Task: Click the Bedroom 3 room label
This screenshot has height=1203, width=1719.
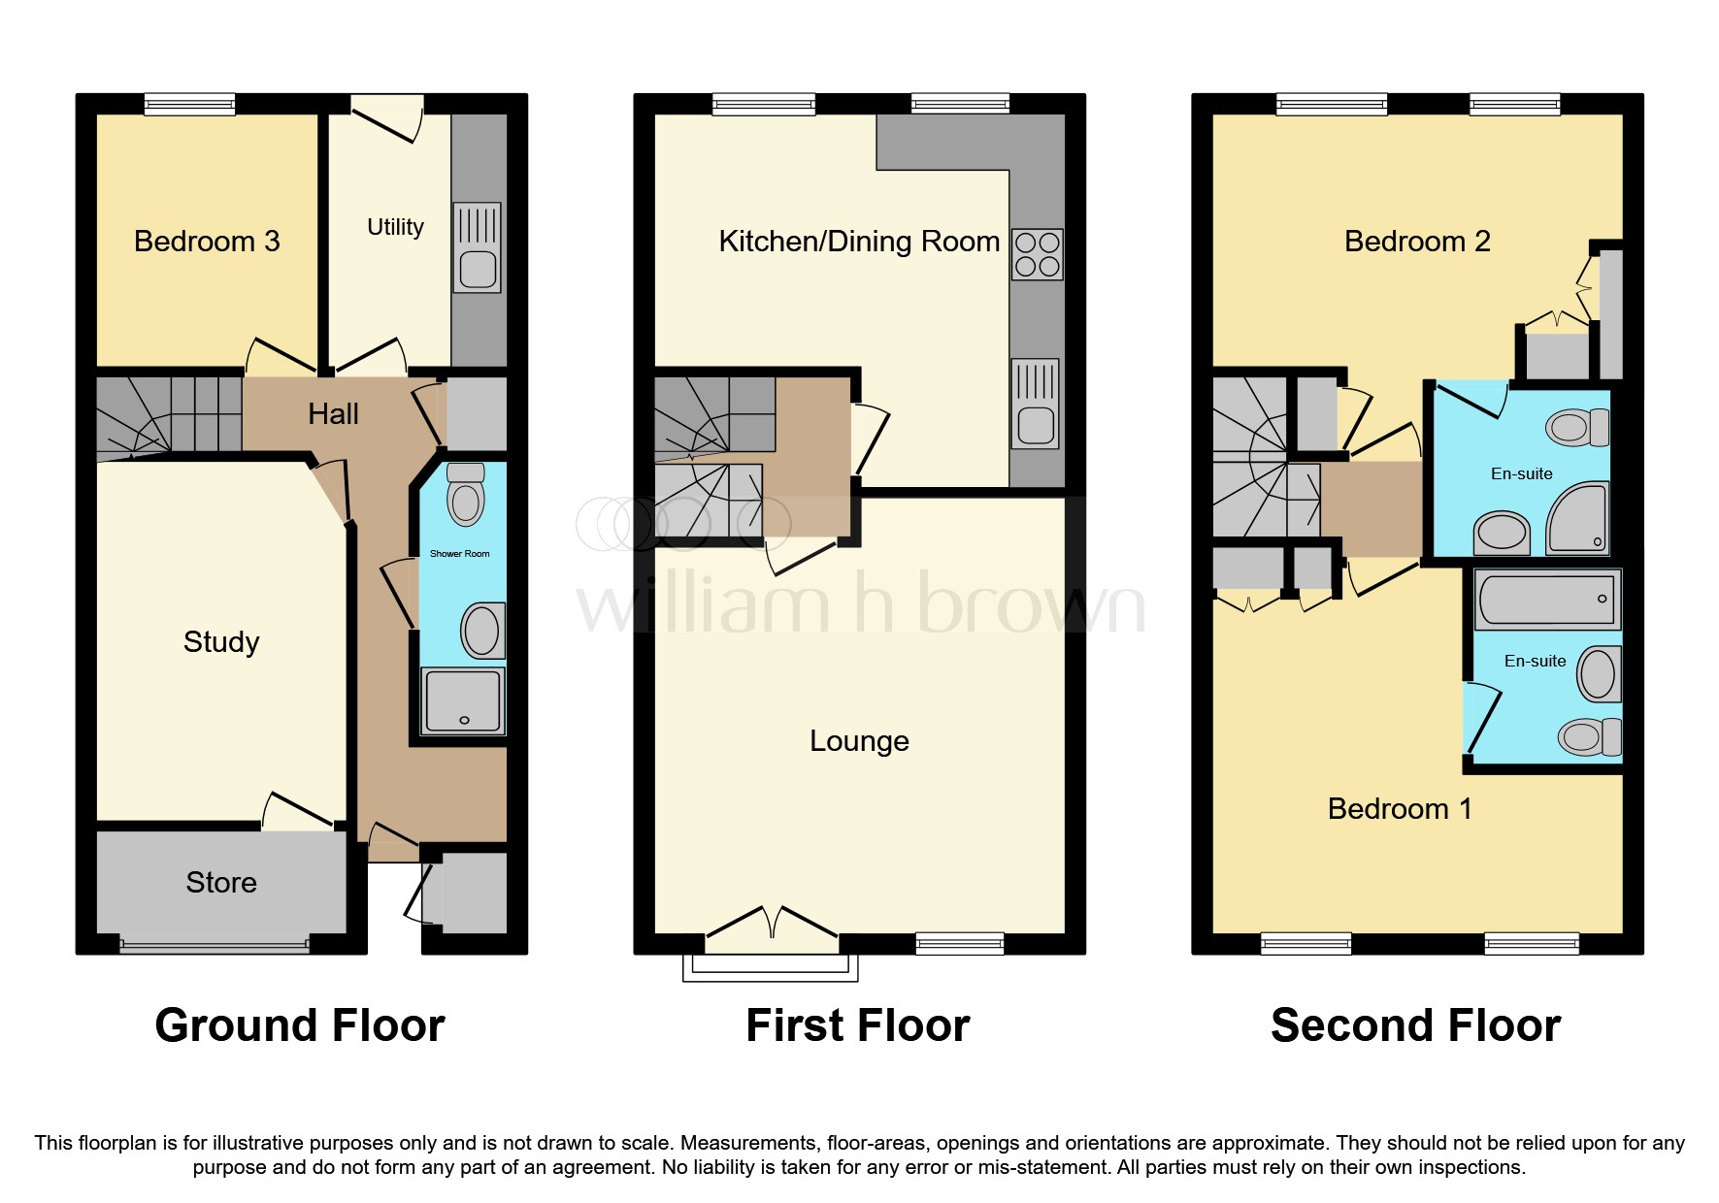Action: pos(207,241)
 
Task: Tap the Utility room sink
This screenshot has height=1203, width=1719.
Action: pos(477,248)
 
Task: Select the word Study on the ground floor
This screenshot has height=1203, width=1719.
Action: pos(221,641)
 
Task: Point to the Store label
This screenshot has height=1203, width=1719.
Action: pos(221,882)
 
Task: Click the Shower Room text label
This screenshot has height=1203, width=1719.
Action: pos(459,554)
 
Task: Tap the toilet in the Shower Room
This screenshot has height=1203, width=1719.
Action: pos(466,494)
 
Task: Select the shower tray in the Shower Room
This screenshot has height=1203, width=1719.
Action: pos(463,699)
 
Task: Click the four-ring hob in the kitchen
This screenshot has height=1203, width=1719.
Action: pos(1037,254)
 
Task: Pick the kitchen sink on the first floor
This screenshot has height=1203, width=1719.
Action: pos(1035,404)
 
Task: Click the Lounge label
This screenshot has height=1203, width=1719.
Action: pos(859,741)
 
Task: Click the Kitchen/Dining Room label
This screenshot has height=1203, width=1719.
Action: pos(859,241)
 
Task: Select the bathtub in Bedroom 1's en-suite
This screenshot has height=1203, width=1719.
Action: pos(1546,599)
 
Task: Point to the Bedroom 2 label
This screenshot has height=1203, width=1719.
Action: pos(1416,241)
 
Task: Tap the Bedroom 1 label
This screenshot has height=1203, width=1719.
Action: pos(1399,808)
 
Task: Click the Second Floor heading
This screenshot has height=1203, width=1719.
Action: pos(1415,1025)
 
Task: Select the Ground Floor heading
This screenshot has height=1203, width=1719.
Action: pos(300,1025)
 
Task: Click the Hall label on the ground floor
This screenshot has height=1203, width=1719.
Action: pos(333,414)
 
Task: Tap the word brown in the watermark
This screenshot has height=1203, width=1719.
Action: pos(1031,603)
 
